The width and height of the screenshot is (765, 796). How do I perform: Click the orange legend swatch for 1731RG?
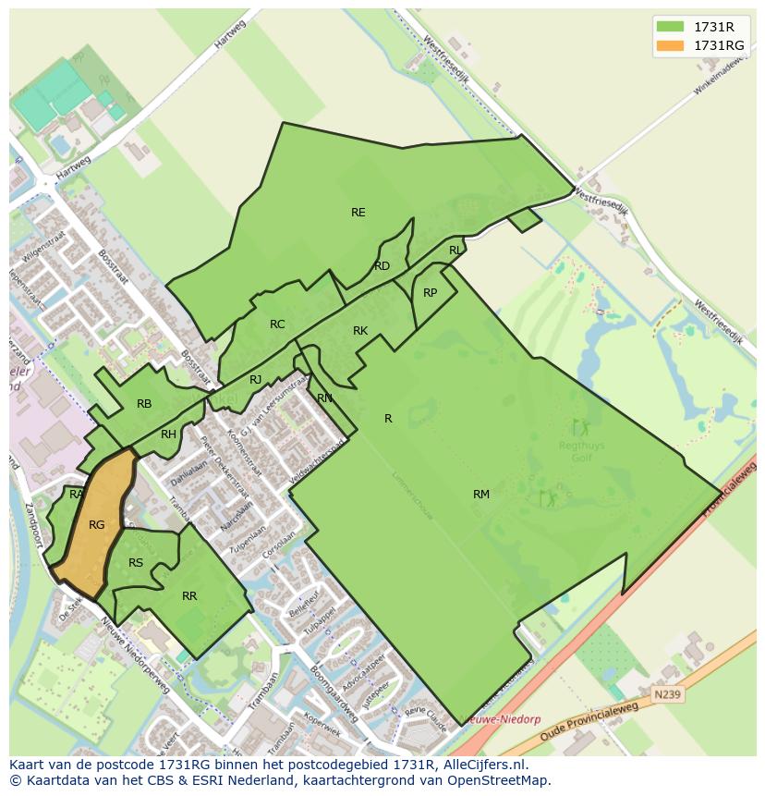pos(671,45)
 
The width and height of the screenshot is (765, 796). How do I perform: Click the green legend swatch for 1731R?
pos(671,27)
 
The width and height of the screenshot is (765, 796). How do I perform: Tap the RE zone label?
pos(358,213)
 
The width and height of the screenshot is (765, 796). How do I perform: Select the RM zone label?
pos(481,495)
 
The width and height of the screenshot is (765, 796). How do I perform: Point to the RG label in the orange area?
pos(97,525)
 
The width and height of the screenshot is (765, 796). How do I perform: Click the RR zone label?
pos(189,596)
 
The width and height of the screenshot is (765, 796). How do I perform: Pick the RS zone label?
pos(136,563)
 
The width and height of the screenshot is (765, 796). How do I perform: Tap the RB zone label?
pos(144,404)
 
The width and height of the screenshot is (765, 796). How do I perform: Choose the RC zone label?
pos(277,325)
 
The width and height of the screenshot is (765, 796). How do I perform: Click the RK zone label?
pos(360,331)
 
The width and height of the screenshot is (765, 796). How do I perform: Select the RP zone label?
pos(430,293)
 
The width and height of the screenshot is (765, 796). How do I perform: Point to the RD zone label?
pos(382,266)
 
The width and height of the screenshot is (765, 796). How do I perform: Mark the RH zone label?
pos(168,435)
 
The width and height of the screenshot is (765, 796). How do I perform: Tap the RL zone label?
pos(455,251)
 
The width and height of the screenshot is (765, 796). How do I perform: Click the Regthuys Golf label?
pos(581,450)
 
